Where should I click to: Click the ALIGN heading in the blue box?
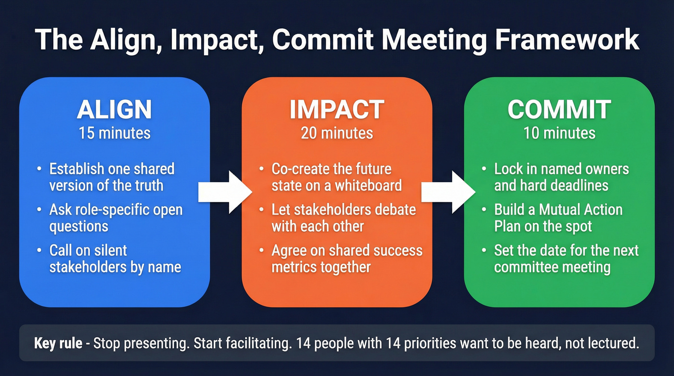[x=115, y=110]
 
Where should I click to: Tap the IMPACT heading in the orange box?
[x=337, y=110]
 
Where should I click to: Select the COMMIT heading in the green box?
[x=559, y=110]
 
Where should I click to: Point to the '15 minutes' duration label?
[x=115, y=132]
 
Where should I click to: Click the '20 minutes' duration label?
[x=337, y=132]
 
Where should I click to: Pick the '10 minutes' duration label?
[x=559, y=132]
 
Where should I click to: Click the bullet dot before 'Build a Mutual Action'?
[x=484, y=210]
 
